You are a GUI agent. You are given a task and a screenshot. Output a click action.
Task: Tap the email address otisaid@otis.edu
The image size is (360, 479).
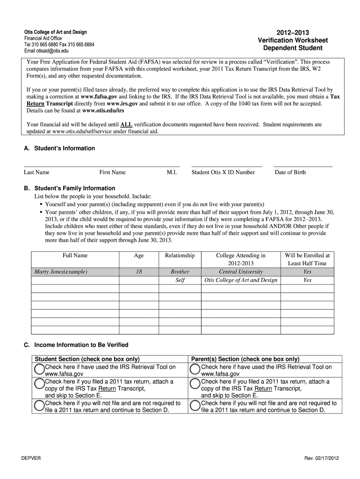click(x=46, y=51)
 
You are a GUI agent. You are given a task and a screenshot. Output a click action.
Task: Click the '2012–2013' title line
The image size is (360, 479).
click(x=293, y=33)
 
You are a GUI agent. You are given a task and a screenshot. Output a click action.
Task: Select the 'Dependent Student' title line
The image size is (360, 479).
click(x=293, y=48)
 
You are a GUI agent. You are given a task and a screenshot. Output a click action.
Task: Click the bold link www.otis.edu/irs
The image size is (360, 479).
click(x=103, y=111)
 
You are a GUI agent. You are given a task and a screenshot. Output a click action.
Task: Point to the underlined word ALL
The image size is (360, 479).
click(x=126, y=125)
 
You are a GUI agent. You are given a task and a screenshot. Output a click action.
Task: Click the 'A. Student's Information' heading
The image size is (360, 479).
click(x=59, y=148)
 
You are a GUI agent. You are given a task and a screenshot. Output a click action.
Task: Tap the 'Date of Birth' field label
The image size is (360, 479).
click(x=290, y=172)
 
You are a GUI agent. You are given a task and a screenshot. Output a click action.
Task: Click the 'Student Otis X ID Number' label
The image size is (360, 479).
click(x=223, y=172)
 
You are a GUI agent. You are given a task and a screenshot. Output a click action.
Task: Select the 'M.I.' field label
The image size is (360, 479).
click(x=172, y=172)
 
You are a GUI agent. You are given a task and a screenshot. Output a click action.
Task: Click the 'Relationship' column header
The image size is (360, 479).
click(x=180, y=255)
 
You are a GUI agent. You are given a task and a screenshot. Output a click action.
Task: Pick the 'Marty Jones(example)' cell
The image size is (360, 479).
click(x=61, y=272)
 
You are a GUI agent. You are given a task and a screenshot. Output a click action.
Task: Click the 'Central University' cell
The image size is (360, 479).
click(x=241, y=272)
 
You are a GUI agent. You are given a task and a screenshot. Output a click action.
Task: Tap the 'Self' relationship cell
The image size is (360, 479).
click(x=180, y=280)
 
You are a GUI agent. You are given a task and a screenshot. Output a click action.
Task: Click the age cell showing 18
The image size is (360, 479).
click(x=139, y=272)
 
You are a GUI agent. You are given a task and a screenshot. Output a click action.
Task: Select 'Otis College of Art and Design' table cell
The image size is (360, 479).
click(x=241, y=280)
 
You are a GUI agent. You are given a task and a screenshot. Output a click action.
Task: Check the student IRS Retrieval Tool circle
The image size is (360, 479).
click(x=39, y=370)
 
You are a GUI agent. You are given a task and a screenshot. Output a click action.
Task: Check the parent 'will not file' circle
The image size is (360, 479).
click(x=195, y=406)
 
